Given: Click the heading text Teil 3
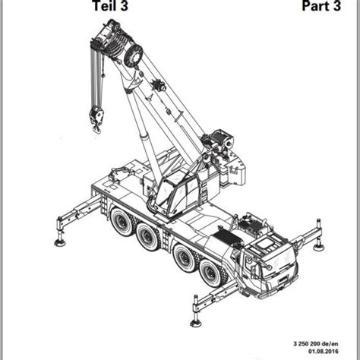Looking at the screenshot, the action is coord(111,5).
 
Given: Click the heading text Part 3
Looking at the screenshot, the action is coord(321,5).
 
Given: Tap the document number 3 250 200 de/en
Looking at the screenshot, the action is coord(316,343).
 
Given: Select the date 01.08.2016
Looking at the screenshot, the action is coord(323,351).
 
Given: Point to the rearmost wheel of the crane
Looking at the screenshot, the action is coord(122,222).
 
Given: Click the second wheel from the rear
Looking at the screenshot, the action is coord(146,236).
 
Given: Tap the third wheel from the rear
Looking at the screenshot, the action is coord(185,257).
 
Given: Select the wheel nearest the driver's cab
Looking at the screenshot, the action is coord(210,273).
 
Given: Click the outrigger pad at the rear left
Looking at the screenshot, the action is coord(60,243).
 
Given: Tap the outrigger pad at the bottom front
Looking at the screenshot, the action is coord(196,323).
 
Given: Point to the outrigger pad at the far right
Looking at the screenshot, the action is coord(319,247).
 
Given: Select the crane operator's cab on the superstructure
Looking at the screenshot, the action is coord(177,192).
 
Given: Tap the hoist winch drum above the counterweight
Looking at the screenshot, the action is coord(221,139).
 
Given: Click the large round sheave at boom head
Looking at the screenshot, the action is coord(134,57).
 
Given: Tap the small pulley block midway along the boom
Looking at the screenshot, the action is coord(159,85).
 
